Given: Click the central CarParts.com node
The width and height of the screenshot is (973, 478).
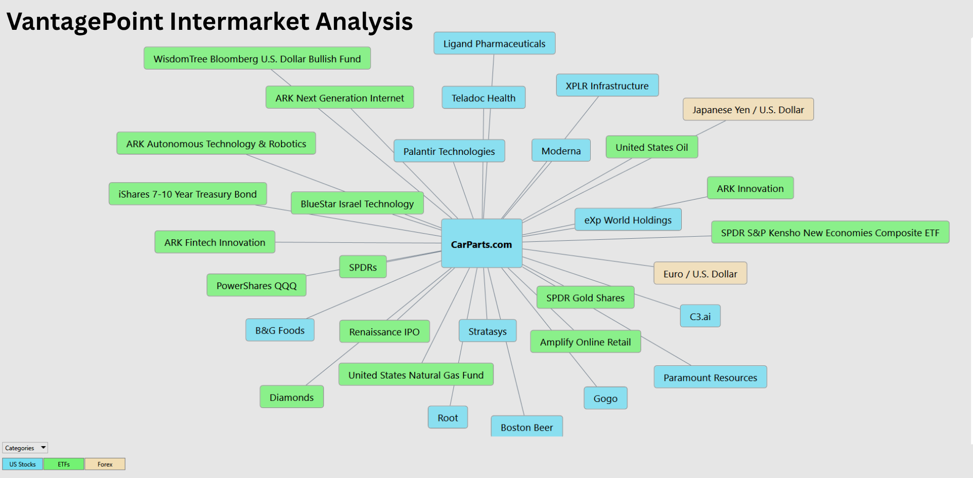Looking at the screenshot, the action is tap(482, 243).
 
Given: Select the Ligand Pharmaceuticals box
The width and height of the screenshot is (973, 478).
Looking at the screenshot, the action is tap(494, 43).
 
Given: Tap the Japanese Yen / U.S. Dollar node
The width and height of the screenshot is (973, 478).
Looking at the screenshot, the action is tap(748, 109).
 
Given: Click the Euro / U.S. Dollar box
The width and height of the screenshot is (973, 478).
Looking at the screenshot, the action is tap(700, 273).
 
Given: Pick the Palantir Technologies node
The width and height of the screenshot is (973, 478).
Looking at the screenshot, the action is tap(449, 151).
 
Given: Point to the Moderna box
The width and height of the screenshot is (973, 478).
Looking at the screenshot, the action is tap(561, 150).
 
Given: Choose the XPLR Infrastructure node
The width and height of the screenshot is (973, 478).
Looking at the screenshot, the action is tap(607, 85).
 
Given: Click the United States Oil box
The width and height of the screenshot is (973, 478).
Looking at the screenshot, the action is tap(652, 147).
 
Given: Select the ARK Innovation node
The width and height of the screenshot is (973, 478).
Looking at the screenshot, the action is tap(750, 188).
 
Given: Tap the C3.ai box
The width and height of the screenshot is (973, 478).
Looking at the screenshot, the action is tap(700, 316).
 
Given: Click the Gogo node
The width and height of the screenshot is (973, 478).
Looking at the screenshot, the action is tap(606, 398).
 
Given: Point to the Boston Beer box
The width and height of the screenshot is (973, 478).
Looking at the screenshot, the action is tap(527, 427).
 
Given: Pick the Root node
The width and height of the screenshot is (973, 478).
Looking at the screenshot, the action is tap(448, 417).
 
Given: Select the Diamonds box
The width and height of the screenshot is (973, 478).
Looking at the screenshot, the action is tap(292, 397).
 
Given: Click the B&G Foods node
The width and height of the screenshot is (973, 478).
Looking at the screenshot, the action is tap(280, 330).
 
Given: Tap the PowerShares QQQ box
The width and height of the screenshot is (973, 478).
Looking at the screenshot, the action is tap(256, 285).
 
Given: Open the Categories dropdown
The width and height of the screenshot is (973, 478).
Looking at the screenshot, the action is tap(25, 448).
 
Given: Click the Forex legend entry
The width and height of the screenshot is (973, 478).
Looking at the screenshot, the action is tap(105, 464).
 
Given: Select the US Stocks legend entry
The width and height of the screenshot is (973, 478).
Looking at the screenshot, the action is tap(23, 464).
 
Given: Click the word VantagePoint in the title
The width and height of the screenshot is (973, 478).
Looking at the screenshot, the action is tap(85, 22).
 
